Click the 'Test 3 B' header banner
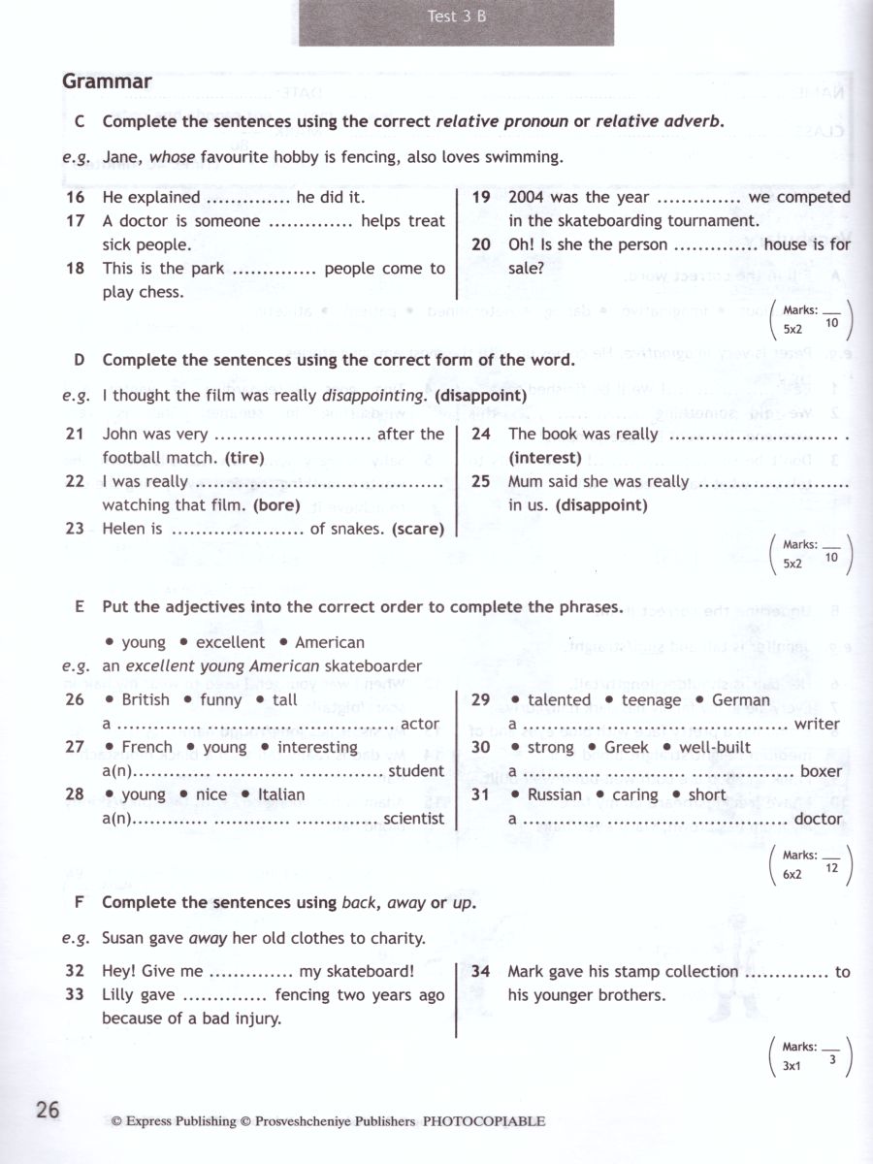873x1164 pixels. [x=456, y=16]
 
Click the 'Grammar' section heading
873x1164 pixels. [x=107, y=81]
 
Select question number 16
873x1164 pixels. [x=75, y=197]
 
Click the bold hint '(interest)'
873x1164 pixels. [x=545, y=458]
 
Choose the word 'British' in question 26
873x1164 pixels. [x=145, y=699]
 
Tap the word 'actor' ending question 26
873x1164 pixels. [x=420, y=724]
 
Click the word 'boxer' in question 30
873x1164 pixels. [x=821, y=771]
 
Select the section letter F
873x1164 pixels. [x=80, y=902]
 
